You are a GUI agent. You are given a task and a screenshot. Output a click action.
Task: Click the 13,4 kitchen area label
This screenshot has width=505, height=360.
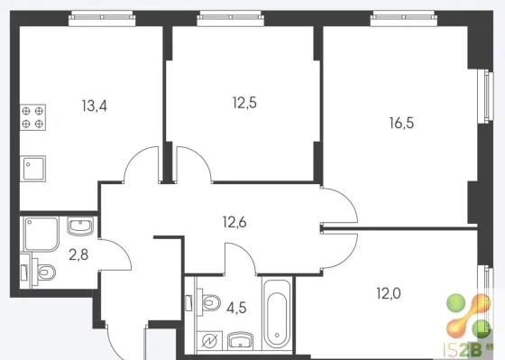click(95, 106)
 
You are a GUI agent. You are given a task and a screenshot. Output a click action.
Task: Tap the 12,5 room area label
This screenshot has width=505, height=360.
click(244, 103)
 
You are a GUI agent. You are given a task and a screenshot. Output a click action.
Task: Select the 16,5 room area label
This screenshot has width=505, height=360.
click(401, 123)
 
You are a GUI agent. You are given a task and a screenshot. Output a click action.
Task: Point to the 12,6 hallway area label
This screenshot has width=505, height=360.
click(234, 222)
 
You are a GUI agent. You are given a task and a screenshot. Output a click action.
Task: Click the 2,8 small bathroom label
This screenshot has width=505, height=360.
click(78, 255)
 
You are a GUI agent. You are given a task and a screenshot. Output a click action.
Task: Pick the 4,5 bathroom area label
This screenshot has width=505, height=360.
click(236, 308)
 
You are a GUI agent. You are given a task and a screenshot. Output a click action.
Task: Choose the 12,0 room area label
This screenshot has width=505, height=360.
click(389, 293)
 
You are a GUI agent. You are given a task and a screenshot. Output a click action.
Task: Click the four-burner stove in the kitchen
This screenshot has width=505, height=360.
click(32, 117)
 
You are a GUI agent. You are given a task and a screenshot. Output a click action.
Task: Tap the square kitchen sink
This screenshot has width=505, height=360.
click(32, 169)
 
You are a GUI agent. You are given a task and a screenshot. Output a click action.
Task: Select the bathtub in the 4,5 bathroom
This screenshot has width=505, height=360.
click(277, 315)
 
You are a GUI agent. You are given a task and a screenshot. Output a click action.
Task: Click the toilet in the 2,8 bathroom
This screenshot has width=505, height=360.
click(43, 272)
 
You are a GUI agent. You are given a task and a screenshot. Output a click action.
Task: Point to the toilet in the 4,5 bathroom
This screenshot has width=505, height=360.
click(208, 302)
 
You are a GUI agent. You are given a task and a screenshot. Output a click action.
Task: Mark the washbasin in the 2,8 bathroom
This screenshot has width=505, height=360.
click(80, 226)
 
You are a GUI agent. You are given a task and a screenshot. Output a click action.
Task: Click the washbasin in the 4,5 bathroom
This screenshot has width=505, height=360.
click(240, 341)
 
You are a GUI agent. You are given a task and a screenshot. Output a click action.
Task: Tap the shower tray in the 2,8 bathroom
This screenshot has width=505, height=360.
click(41, 234)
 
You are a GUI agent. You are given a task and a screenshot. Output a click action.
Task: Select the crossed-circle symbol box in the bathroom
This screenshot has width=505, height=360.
click(209, 341)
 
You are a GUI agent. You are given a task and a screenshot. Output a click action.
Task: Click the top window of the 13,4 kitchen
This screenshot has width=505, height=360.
click(102, 18)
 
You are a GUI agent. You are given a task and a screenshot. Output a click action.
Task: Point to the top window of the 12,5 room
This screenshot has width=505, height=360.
click(231, 18)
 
